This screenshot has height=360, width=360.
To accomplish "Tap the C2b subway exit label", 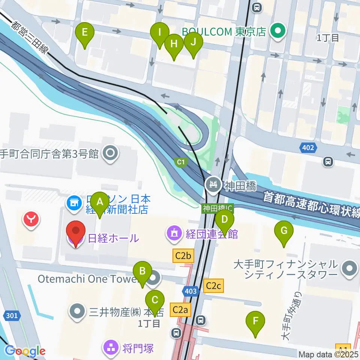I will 183,256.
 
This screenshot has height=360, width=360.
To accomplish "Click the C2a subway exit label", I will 181,310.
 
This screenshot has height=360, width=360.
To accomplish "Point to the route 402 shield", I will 308,148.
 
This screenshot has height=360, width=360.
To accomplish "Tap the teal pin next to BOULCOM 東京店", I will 278,31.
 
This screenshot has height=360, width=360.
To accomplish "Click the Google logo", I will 25,351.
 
